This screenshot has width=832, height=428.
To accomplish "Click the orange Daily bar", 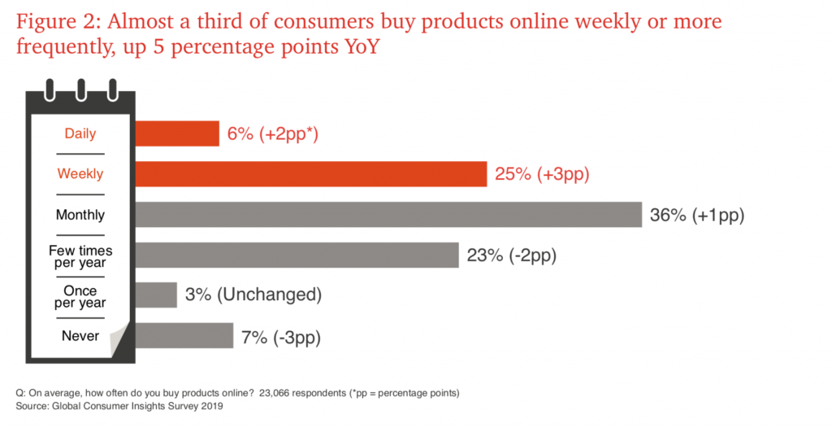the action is click(x=177, y=133).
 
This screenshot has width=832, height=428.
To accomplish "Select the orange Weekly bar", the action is click(x=311, y=174).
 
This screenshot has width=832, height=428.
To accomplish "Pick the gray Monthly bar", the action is click(x=388, y=214).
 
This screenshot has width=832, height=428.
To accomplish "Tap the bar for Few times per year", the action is click(x=297, y=255).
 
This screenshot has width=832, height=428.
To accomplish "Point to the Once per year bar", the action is click(x=156, y=295).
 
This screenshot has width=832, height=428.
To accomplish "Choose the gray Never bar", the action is click(x=184, y=335).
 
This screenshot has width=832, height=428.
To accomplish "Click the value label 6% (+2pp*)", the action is click(x=273, y=134).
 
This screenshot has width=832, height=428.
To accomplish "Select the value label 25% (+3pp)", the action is click(x=542, y=174).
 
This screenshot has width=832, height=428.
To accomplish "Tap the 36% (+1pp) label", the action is click(x=697, y=215).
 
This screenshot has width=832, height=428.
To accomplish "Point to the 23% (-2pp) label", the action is click(x=512, y=255).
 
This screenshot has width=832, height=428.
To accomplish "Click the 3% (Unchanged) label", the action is click(x=253, y=295).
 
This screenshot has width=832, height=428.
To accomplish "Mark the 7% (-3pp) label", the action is click(x=281, y=338).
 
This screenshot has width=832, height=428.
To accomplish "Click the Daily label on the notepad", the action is click(x=80, y=134).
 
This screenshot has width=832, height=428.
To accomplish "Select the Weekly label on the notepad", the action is click(x=80, y=174).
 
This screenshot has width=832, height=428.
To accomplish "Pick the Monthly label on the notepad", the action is click(x=80, y=215).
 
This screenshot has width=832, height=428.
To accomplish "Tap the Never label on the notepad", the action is click(x=80, y=336).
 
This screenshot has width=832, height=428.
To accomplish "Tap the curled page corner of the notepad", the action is click(x=119, y=340).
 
